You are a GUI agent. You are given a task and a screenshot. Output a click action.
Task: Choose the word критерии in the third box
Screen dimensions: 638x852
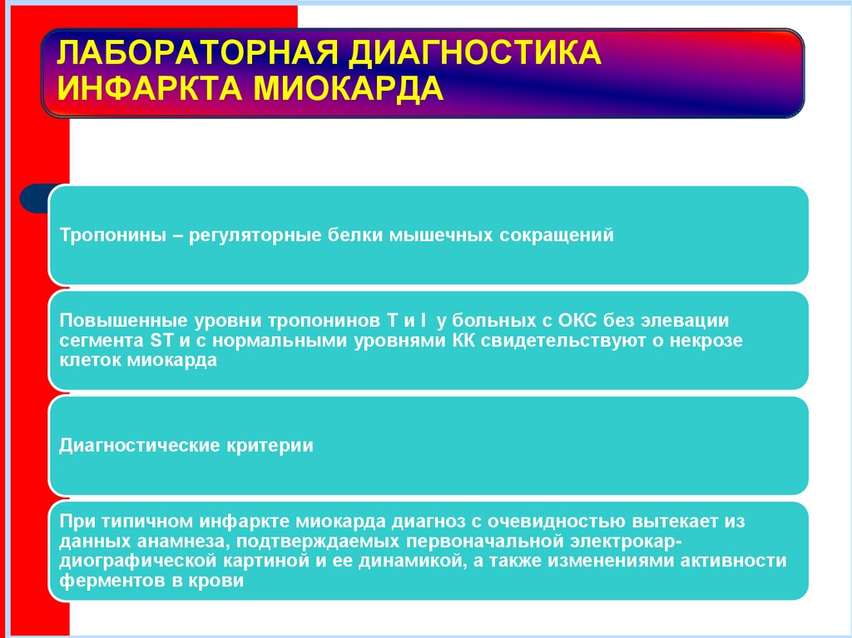[x=270, y=445]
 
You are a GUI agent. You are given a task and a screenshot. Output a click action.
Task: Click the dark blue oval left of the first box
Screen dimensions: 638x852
[x=33, y=200]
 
